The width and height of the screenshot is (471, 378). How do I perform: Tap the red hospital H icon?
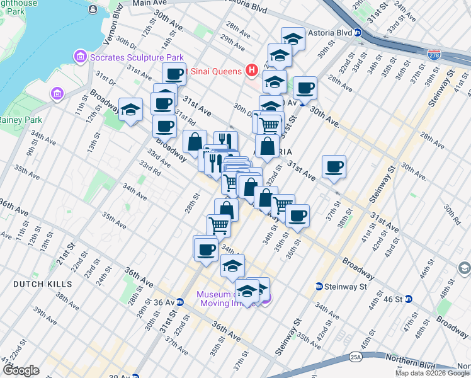[x=252, y=70]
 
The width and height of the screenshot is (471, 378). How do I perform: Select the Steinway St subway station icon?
[x=319, y=287]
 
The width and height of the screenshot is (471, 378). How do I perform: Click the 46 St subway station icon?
[x=408, y=299]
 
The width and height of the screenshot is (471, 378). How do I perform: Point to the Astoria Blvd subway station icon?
[x=358, y=33]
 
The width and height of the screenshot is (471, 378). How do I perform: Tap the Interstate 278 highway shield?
[x=434, y=54]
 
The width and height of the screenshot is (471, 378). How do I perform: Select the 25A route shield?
[x=356, y=357]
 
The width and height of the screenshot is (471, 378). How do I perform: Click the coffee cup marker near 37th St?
[x=334, y=167]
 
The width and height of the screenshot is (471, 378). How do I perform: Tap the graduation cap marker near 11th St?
[x=130, y=110]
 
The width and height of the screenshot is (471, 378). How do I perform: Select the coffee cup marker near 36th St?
[x=297, y=215]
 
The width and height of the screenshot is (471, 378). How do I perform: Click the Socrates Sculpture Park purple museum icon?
[x=80, y=57]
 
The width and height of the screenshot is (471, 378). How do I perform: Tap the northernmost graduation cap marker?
[x=293, y=38]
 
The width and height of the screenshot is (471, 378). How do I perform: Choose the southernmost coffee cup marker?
[x=205, y=249]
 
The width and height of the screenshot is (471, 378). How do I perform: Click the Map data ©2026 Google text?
[x=432, y=373]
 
